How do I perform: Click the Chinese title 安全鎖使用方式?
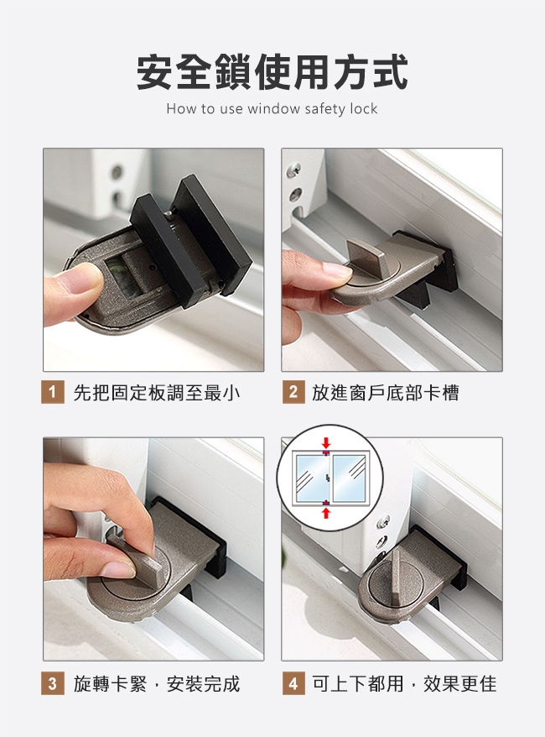(272, 72)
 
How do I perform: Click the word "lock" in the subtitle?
(364, 108)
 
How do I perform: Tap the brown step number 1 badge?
(53, 393)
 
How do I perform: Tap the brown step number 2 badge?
(293, 393)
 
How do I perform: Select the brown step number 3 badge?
(53, 683)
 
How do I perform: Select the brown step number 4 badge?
(293, 683)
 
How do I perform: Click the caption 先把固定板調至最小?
(157, 393)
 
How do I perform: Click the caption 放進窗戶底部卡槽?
(386, 393)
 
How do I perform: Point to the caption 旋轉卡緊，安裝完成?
(157, 684)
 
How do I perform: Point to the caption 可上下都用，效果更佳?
(404, 684)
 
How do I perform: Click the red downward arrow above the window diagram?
(326, 442)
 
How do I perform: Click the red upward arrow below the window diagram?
(326, 513)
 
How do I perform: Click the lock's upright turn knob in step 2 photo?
(366, 256)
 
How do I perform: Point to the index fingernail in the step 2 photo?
(336, 269)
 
